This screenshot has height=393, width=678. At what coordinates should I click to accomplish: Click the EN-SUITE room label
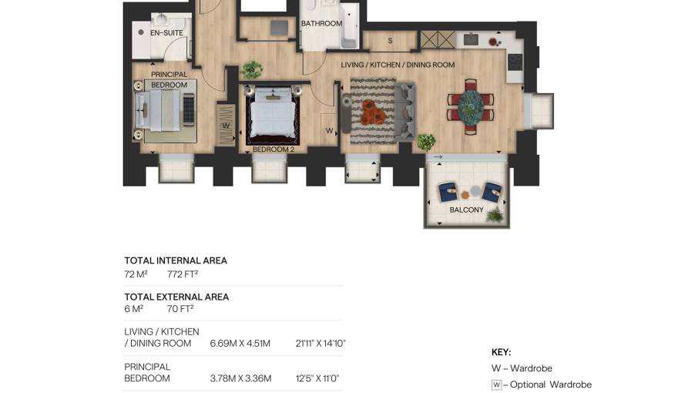click(x=166, y=33)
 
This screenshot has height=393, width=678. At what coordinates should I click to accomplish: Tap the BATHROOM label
click(x=322, y=23)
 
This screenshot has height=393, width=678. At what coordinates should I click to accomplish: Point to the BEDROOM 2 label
click(x=274, y=149)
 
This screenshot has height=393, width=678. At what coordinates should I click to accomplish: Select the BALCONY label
click(x=467, y=210)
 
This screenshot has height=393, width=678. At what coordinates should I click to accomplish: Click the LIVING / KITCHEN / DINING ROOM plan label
click(x=398, y=65)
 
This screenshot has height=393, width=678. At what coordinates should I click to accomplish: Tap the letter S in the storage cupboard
click(x=390, y=41)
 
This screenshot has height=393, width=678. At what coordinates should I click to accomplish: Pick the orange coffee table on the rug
click(x=373, y=112)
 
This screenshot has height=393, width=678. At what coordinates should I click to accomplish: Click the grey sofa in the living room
click(x=405, y=112)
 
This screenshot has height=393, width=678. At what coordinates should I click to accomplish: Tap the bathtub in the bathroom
click(x=349, y=25)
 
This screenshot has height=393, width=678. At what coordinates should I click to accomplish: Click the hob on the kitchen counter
click(x=515, y=62)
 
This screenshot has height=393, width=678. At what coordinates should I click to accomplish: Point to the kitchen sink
click(x=471, y=39)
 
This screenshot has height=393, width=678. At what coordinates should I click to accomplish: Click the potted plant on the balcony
click(x=495, y=215)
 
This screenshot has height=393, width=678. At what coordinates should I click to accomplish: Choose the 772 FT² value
click(x=183, y=274)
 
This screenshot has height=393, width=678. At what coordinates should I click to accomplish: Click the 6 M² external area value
click(x=133, y=309)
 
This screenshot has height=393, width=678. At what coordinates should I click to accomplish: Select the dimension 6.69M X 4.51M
click(x=240, y=344)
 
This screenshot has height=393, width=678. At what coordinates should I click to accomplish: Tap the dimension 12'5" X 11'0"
click(x=317, y=378)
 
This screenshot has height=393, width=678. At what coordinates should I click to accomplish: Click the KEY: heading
click(x=501, y=352)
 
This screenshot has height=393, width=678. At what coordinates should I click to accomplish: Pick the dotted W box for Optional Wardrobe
click(x=496, y=385)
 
